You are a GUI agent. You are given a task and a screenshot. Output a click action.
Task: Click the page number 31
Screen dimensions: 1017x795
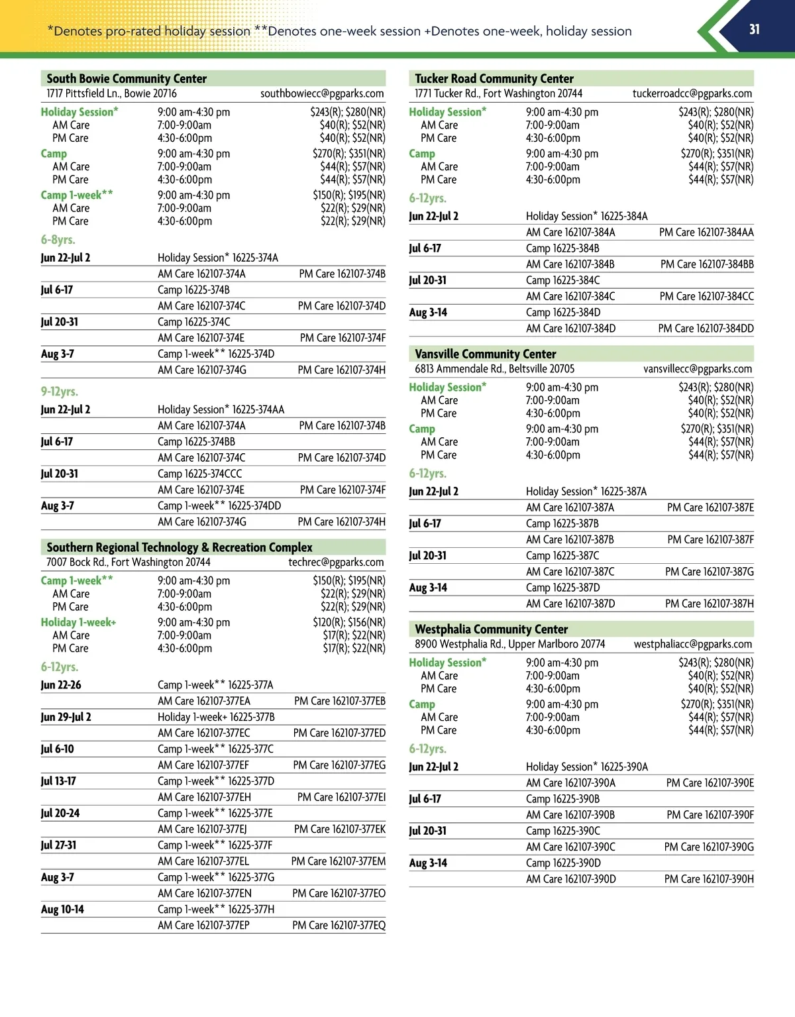click(754, 29)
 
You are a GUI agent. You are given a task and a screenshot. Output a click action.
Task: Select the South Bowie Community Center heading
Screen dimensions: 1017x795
click(127, 78)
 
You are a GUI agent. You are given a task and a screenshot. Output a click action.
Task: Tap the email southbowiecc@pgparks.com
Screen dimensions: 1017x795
click(322, 93)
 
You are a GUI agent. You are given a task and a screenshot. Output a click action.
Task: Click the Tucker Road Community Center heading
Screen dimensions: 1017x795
click(494, 78)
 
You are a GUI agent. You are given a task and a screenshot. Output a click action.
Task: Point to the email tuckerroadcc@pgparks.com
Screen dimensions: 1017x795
click(692, 93)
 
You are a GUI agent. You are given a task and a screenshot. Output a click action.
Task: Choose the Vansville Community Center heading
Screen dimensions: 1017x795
click(486, 354)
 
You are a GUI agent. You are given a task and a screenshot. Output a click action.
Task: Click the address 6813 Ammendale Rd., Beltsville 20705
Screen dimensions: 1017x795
click(495, 368)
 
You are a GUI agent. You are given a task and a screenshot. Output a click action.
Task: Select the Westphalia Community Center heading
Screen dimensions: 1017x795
click(492, 629)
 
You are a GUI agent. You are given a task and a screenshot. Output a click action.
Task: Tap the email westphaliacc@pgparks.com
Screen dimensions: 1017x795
click(693, 644)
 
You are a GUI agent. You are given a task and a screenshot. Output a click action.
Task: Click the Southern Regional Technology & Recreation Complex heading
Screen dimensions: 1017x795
click(180, 547)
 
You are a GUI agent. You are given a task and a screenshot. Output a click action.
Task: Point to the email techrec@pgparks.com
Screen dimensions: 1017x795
click(336, 562)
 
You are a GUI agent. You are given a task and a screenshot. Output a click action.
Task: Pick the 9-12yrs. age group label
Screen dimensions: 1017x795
click(60, 392)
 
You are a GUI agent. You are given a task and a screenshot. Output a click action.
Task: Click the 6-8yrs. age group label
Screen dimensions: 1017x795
click(58, 240)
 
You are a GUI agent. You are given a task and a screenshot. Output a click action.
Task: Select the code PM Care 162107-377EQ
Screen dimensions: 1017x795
click(339, 925)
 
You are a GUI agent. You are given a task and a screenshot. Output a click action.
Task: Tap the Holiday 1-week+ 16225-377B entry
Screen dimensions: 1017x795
click(216, 717)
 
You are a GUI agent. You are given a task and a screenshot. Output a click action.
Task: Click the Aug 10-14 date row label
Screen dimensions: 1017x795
click(62, 909)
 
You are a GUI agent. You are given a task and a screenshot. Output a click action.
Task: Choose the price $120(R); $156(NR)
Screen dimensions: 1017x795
click(349, 622)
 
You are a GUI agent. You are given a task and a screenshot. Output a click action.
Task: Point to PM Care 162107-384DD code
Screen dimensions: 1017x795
click(706, 328)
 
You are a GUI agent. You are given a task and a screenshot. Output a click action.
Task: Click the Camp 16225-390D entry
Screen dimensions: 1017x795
click(563, 863)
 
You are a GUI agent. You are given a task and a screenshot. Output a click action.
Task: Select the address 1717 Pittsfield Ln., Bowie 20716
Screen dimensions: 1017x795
click(111, 93)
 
